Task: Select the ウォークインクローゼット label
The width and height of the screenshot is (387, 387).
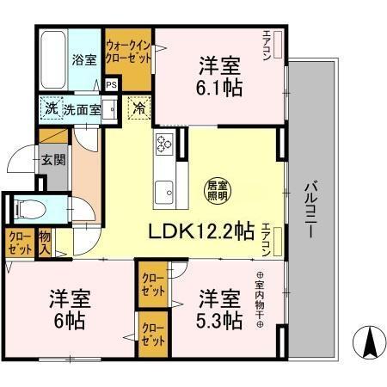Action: pyautogui.click(x=128, y=51)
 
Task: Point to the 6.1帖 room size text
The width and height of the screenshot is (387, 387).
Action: pyautogui.click(x=219, y=87)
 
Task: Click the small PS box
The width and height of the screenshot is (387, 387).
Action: pyautogui.click(x=111, y=84)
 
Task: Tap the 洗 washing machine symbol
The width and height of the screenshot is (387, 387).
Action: pyautogui.click(x=51, y=109)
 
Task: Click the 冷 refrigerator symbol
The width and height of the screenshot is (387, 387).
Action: pyautogui.click(x=138, y=109)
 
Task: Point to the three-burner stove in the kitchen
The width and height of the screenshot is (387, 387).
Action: pyautogui.click(x=164, y=144)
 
